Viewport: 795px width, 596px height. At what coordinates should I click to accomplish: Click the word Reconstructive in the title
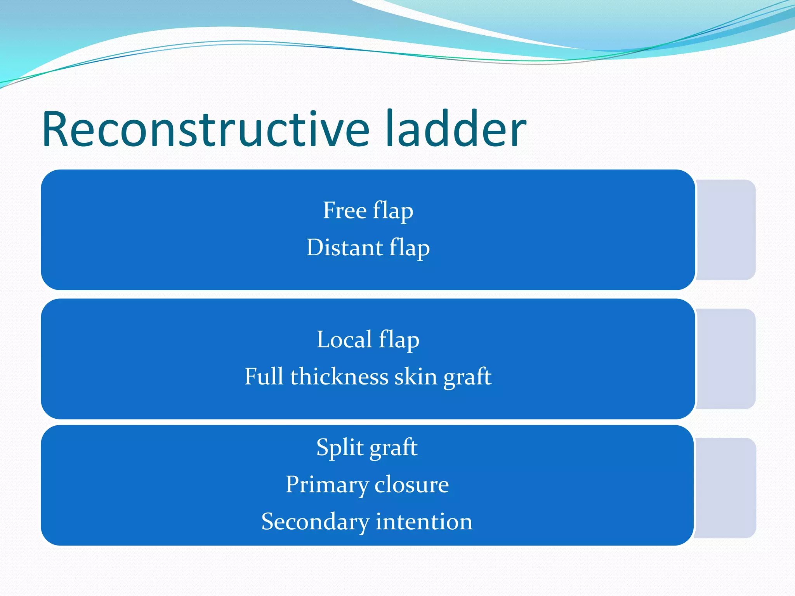[x=206, y=129]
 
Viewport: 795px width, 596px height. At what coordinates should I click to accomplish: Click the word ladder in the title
[x=456, y=129]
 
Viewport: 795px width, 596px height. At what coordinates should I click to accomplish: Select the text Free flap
[x=368, y=211]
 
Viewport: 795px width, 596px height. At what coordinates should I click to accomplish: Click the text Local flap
[x=368, y=340]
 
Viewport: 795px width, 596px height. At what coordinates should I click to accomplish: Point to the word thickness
[x=339, y=377]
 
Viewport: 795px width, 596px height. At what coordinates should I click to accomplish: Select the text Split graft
[x=367, y=448]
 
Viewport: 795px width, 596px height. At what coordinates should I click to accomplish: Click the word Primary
[x=327, y=485]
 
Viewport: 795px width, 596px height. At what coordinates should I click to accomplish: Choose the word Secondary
[x=315, y=521]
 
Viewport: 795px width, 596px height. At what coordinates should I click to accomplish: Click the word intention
[x=424, y=521]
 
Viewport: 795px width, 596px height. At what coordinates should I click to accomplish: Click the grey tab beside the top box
[x=726, y=230]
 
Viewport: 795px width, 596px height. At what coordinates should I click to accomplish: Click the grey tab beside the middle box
[x=726, y=359]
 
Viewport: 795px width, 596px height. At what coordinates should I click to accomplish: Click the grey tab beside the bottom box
[x=726, y=488]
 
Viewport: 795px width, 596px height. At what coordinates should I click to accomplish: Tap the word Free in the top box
[x=345, y=211]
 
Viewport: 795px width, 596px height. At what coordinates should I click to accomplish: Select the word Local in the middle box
[x=344, y=340]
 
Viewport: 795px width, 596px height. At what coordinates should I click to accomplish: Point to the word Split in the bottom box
[x=340, y=448]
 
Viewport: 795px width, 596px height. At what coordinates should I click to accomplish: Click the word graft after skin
[x=467, y=377]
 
